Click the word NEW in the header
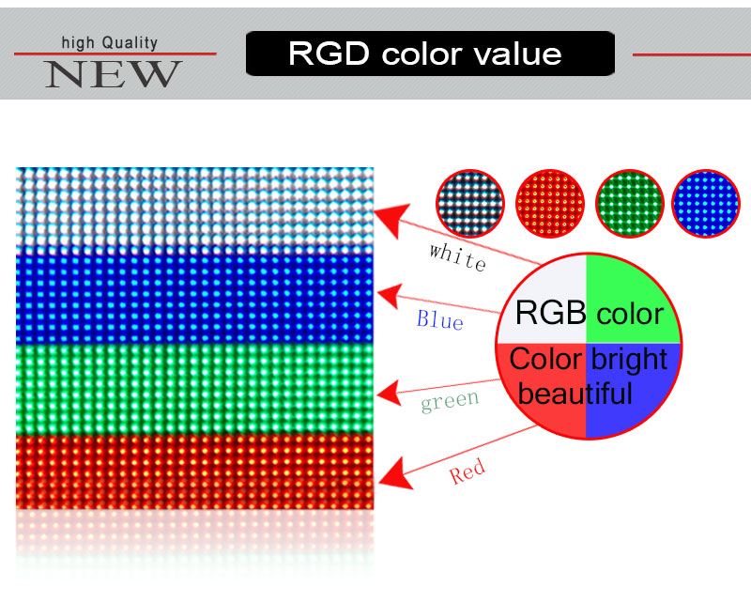pos(113,74)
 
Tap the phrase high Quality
pos(110,43)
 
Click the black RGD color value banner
pos(430,54)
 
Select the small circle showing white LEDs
pos(470,203)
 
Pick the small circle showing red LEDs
pos(550,203)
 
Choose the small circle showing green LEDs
pos(629,203)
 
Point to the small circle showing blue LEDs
pos(706,203)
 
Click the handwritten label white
pos(457,257)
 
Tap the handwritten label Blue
pos(439,319)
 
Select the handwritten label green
pos(450,401)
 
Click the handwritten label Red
pos(467,471)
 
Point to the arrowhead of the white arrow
pos(374,210)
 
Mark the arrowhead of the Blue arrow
pos(378,293)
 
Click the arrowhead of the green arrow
pos(377,395)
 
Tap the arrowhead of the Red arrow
pos(379,483)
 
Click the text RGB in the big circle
pos(550,313)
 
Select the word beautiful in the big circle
pos(575,393)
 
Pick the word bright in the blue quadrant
pos(629,361)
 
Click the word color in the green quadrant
pos(630,315)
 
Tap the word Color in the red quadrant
pos(545,359)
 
